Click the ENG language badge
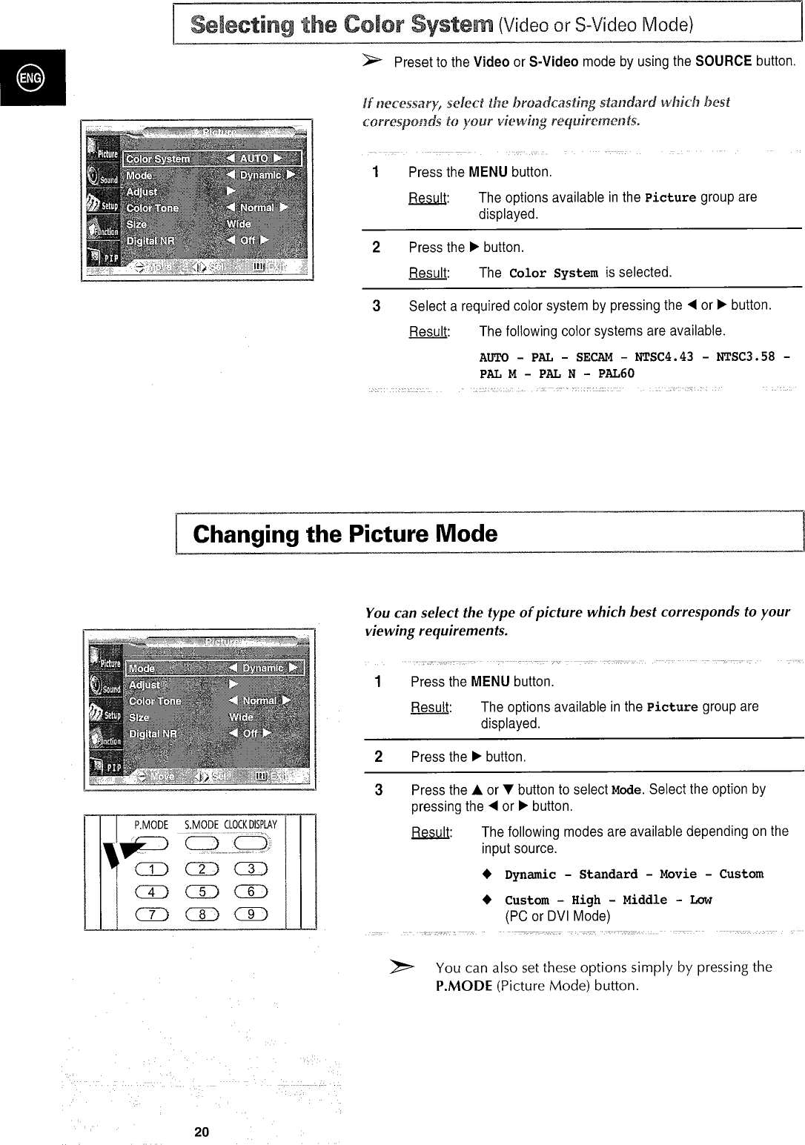pyautogui.click(x=32, y=77)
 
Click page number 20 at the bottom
pyautogui.click(x=202, y=1132)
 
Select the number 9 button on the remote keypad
pyautogui.click(x=251, y=914)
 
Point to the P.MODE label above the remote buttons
pyautogui.click(x=151, y=825)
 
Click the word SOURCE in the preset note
pyautogui.click(x=723, y=62)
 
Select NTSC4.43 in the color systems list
pyautogui.click(x=664, y=356)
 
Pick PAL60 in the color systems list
pyautogui.click(x=616, y=374)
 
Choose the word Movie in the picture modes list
pyautogui.click(x=678, y=874)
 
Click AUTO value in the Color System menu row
pyautogui.click(x=254, y=159)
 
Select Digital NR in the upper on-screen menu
pyautogui.click(x=150, y=241)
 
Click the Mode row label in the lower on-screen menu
pyautogui.click(x=142, y=668)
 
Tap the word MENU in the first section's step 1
pyautogui.click(x=488, y=172)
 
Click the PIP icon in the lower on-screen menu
pyautogui.click(x=104, y=766)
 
